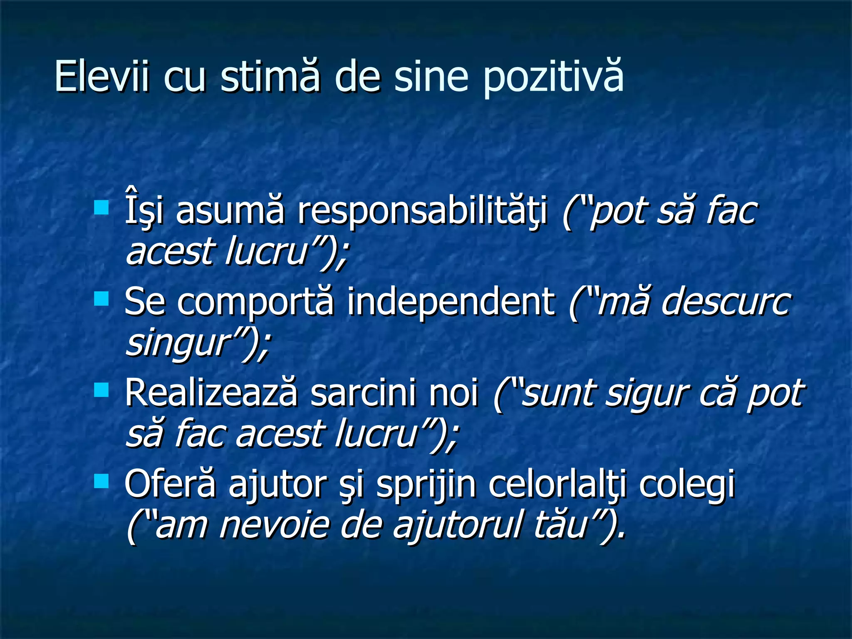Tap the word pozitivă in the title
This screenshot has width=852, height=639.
(553, 77)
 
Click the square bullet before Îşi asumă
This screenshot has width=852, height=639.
(101, 207)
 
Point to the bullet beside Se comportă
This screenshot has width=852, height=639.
(101, 298)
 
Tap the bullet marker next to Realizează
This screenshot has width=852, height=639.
(101, 390)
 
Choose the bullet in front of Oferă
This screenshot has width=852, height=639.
(101, 481)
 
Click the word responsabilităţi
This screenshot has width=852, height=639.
(422, 211)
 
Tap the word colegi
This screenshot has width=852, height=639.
(687, 485)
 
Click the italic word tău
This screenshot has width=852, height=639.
(560, 525)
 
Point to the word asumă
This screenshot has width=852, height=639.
(230, 211)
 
